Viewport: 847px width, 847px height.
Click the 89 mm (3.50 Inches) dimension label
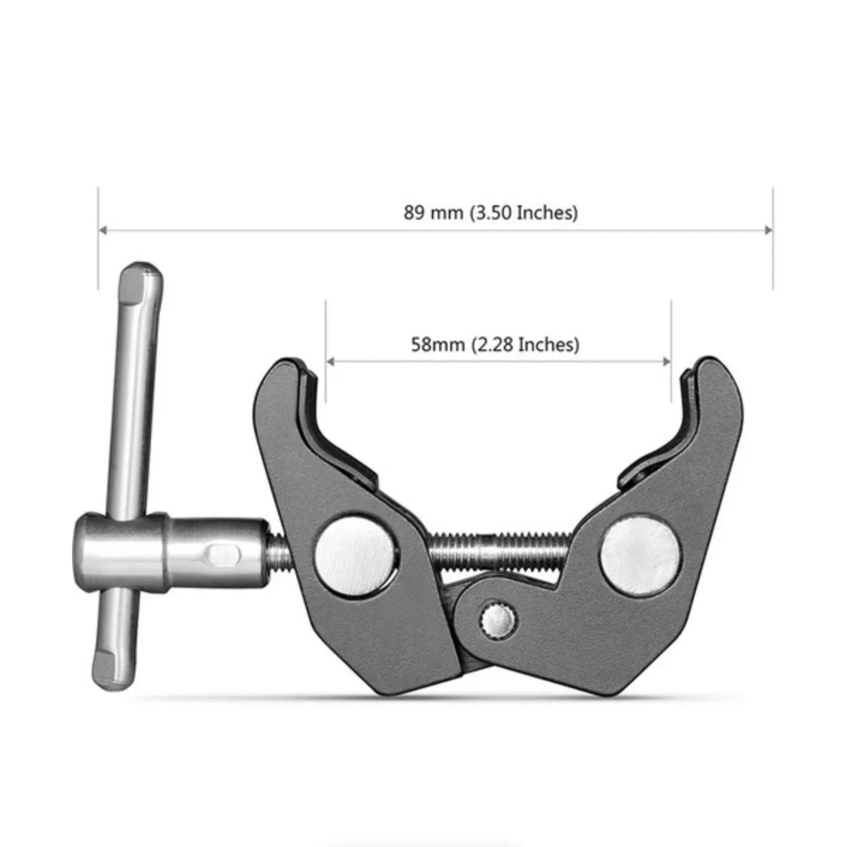[491, 212]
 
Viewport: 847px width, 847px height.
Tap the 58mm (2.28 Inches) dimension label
[495, 344]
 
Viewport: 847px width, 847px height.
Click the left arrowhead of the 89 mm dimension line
[103, 229]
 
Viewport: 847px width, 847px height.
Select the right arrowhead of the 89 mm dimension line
[768, 229]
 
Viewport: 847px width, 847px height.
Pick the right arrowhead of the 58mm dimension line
[666, 361]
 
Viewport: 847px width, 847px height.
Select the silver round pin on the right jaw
[640, 552]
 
